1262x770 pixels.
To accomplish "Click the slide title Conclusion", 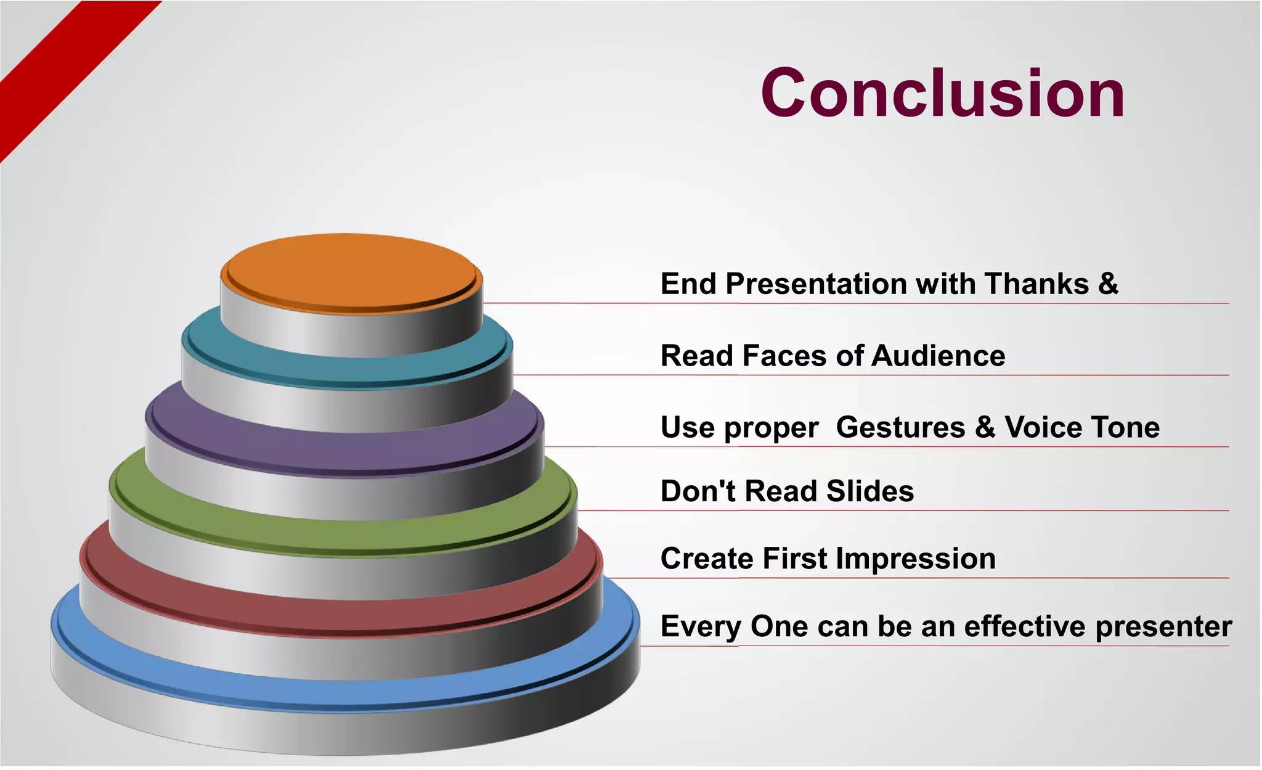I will (x=943, y=94).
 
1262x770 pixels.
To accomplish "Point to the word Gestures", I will (x=900, y=427).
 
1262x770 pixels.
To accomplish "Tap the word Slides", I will (x=870, y=491).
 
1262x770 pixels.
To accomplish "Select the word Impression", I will (x=916, y=559).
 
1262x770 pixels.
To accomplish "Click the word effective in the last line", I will (x=1025, y=626).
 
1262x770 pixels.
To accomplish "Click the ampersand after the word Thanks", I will (x=1108, y=284).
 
